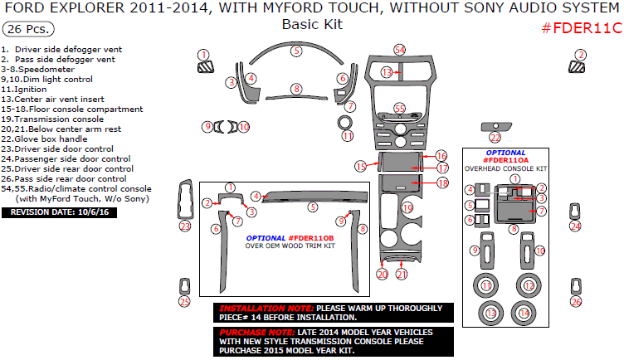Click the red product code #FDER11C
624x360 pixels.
point(581,27)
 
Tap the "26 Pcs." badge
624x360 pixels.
point(28,29)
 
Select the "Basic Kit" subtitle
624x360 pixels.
point(311,24)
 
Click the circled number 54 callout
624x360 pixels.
point(400,50)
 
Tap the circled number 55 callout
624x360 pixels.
point(400,109)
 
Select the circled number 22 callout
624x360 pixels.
point(495,138)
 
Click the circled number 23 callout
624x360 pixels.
point(185,226)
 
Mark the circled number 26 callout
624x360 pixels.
point(576,301)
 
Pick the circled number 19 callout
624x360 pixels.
point(407,207)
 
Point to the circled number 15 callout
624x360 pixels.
point(361,167)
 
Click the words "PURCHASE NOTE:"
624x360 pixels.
point(246,330)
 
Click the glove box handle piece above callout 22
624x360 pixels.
point(495,126)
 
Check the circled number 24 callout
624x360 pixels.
point(575,226)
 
